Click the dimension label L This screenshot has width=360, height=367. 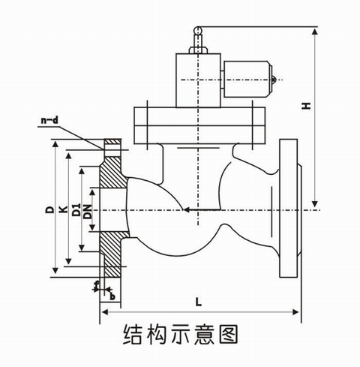click(x=196, y=302)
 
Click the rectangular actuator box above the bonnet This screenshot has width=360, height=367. click(x=198, y=79)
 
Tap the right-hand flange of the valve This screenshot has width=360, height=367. click(x=288, y=208)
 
